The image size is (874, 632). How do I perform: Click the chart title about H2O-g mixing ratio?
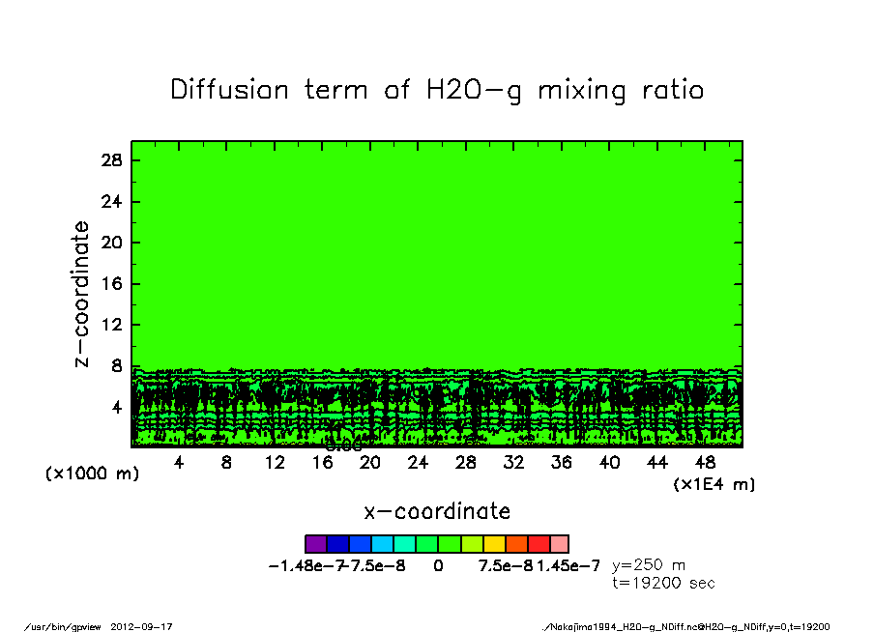click(x=437, y=91)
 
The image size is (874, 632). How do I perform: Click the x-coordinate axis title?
click(x=437, y=511)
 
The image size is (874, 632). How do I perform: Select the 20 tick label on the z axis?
click(x=112, y=243)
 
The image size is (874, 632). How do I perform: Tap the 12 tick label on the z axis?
click(x=112, y=325)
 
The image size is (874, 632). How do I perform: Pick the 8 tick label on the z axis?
click(x=117, y=366)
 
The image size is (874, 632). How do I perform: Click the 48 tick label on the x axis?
click(x=705, y=463)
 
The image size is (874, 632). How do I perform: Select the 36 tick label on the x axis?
click(x=562, y=463)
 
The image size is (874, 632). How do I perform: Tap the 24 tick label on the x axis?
click(x=418, y=463)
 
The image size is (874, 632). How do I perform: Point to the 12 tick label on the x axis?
click(x=275, y=463)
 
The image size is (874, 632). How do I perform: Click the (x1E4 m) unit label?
click(x=714, y=484)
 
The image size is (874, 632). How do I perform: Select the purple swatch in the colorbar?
click(x=315, y=544)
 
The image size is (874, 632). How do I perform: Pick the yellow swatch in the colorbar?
click(x=494, y=544)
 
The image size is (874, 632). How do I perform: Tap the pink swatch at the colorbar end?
click(x=559, y=544)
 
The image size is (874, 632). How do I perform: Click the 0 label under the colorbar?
click(x=438, y=566)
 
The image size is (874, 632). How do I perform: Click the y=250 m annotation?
click(x=649, y=565)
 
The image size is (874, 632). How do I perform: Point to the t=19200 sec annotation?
click(x=664, y=583)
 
